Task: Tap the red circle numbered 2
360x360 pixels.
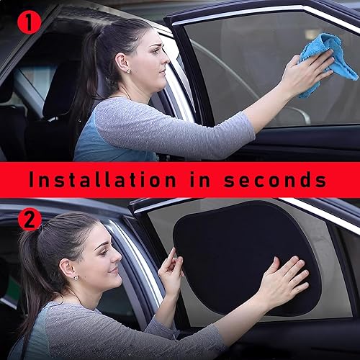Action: pyautogui.click(x=29, y=218)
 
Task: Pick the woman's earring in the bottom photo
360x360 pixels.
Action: pyautogui.click(x=74, y=277)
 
